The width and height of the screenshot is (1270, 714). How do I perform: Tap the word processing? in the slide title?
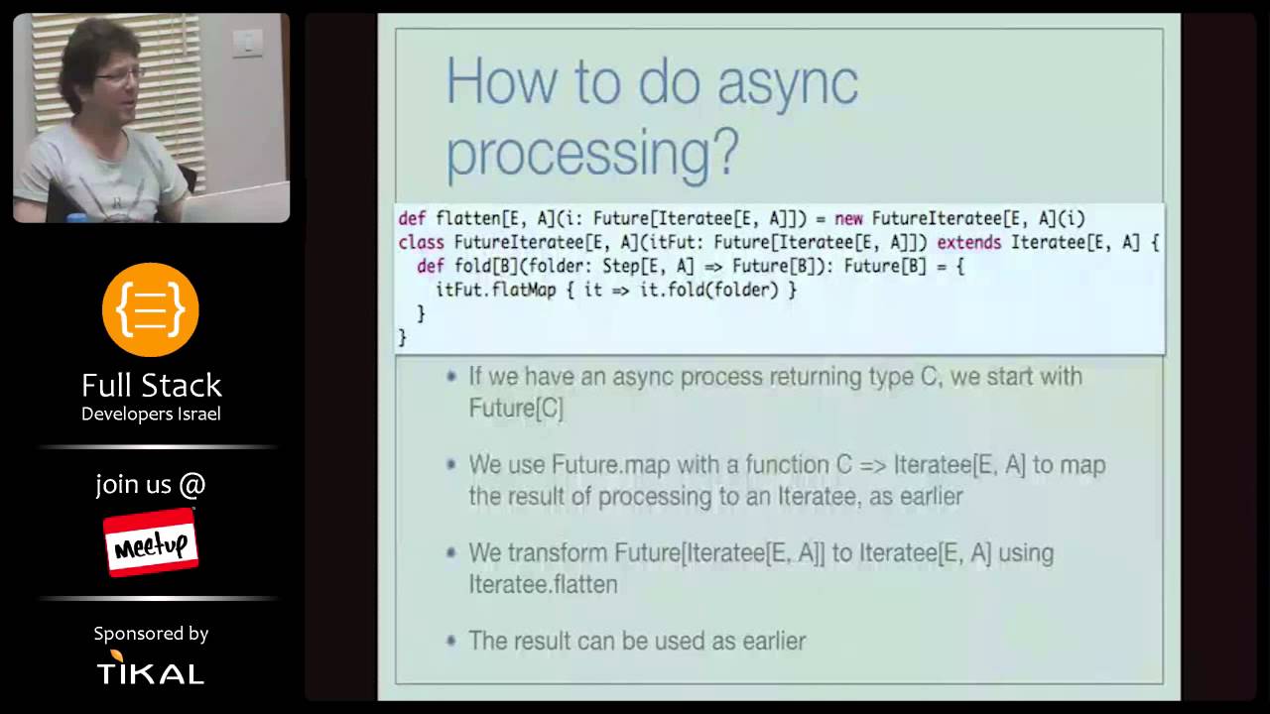tap(592, 153)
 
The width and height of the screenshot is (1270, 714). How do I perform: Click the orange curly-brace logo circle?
tap(151, 310)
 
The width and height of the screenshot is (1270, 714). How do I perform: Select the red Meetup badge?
tap(151, 542)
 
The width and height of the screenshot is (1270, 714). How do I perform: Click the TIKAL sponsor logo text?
tap(151, 673)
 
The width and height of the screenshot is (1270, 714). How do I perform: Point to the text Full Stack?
tap(151, 385)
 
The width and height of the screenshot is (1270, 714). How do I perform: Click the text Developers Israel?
tap(151, 414)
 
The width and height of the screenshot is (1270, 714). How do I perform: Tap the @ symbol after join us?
tap(192, 485)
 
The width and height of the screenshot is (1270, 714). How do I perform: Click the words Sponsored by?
tap(151, 633)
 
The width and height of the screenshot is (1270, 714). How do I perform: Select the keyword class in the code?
tap(421, 242)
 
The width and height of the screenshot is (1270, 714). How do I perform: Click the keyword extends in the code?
tap(969, 242)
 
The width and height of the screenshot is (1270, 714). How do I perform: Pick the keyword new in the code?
tap(848, 218)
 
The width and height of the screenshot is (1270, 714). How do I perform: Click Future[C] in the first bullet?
tap(516, 409)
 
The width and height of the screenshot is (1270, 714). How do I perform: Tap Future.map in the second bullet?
tap(600, 464)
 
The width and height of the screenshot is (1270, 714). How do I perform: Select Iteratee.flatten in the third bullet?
tap(543, 584)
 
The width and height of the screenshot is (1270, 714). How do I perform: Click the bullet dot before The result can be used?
tap(451, 641)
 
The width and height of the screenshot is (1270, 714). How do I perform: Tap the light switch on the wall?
tap(247, 41)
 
